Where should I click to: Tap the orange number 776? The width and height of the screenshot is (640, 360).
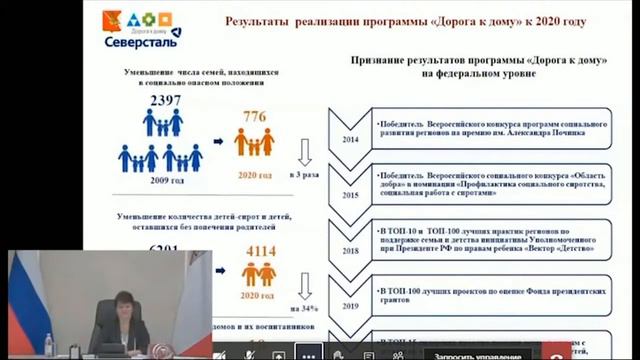pyautogui.click(x=254, y=117)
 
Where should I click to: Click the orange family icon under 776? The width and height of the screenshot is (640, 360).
pyautogui.click(x=254, y=142)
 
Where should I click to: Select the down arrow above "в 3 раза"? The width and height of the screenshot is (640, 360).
pyautogui.click(x=308, y=151)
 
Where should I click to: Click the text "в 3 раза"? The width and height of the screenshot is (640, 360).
pyautogui.click(x=306, y=174)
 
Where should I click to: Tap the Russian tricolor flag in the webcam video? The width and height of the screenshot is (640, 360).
pyautogui.click(x=23, y=300)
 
